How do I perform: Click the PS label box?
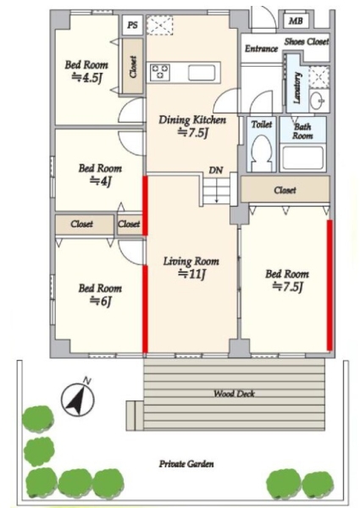point(133,25)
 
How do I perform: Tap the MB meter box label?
point(296,21)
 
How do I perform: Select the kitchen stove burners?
point(160,72)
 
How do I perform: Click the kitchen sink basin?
point(202,73)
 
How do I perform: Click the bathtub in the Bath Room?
point(302,158)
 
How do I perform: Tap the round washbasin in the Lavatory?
point(316,101)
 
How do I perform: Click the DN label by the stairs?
point(216,170)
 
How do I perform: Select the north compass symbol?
point(78,398)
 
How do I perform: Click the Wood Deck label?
point(234,394)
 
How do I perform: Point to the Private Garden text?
point(186,464)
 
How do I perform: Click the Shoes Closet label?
point(307,41)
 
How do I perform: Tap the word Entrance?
point(261,48)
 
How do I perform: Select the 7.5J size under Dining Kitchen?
point(192,133)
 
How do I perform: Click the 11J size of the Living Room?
point(191,274)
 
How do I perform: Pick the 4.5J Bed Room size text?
point(86,77)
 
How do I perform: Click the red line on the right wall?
point(330,285)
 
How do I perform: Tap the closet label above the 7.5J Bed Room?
point(285,190)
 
